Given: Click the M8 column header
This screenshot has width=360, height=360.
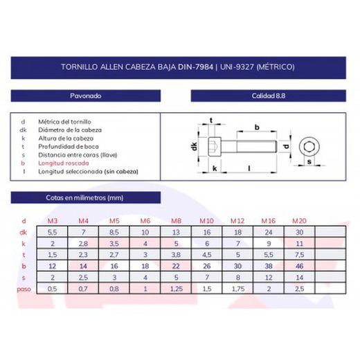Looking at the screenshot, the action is [176, 221].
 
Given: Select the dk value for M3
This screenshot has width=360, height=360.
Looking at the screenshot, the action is [53, 232].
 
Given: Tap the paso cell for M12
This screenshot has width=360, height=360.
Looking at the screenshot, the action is [238, 289].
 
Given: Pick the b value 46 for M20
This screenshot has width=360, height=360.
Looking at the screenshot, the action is [299, 266].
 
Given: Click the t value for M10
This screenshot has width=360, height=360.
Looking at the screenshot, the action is [207, 255].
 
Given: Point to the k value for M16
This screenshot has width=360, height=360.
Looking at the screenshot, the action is [269, 244].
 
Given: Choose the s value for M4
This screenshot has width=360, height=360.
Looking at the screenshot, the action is [83, 278].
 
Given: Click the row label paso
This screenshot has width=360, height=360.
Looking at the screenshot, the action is [24, 289].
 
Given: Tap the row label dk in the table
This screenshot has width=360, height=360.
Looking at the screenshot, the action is [24, 232].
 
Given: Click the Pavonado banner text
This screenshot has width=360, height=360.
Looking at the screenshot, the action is [86, 96].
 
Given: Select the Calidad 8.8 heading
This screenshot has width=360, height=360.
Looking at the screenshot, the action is [269, 96].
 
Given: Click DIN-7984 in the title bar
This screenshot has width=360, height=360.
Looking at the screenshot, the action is [195, 67].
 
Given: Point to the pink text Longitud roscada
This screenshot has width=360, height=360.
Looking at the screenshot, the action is [64, 163].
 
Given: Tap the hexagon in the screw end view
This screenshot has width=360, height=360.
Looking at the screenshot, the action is [309, 147].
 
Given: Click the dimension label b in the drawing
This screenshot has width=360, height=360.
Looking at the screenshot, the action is [257, 127].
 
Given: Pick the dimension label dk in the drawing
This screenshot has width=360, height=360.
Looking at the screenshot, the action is [195, 146].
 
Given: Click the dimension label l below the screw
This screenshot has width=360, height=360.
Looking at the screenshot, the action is [249, 168].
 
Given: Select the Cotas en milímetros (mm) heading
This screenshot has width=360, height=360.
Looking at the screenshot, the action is [84, 198].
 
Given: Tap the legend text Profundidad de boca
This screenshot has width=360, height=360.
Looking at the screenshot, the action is [69, 147].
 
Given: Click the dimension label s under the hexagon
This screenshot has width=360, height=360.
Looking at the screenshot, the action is [309, 162].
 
